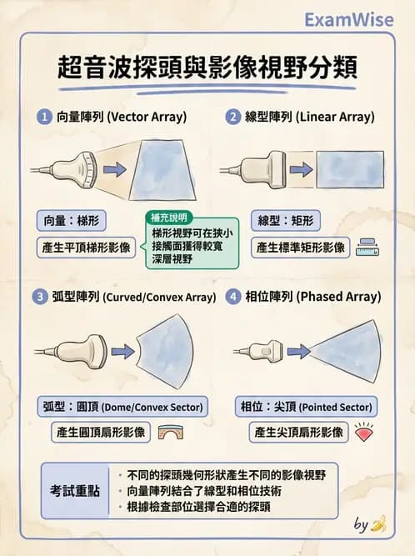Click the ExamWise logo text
pyautogui.click(x=348, y=20)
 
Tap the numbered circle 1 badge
pyautogui.click(x=44, y=117)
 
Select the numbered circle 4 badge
pyautogui.click(x=232, y=297)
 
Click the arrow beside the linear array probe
pyautogui.click(x=301, y=169)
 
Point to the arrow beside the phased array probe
pyautogui.click(x=298, y=352)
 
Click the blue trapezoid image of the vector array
pyautogui.click(x=162, y=170)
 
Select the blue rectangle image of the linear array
pyautogui.click(x=350, y=169)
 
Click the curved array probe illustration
pyautogui.click(x=71, y=352)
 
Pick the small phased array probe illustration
pyautogui.click(x=258, y=352)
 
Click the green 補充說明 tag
pyautogui.click(x=169, y=218)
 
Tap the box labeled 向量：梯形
pyautogui.click(x=71, y=221)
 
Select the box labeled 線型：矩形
pyautogui.click(x=286, y=221)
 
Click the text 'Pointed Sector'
pyautogui.click(x=337, y=407)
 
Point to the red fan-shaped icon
pyautogui.click(x=364, y=433)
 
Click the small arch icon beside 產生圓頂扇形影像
pyautogui.click(x=171, y=433)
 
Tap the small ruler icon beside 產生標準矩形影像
pyautogui.click(x=367, y=247)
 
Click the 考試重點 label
pyautogui.click(x=75, y=491)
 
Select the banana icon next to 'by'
pyautogui.click(x=378, y=524)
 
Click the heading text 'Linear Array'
pyautogui.click(x=335, y=117)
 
